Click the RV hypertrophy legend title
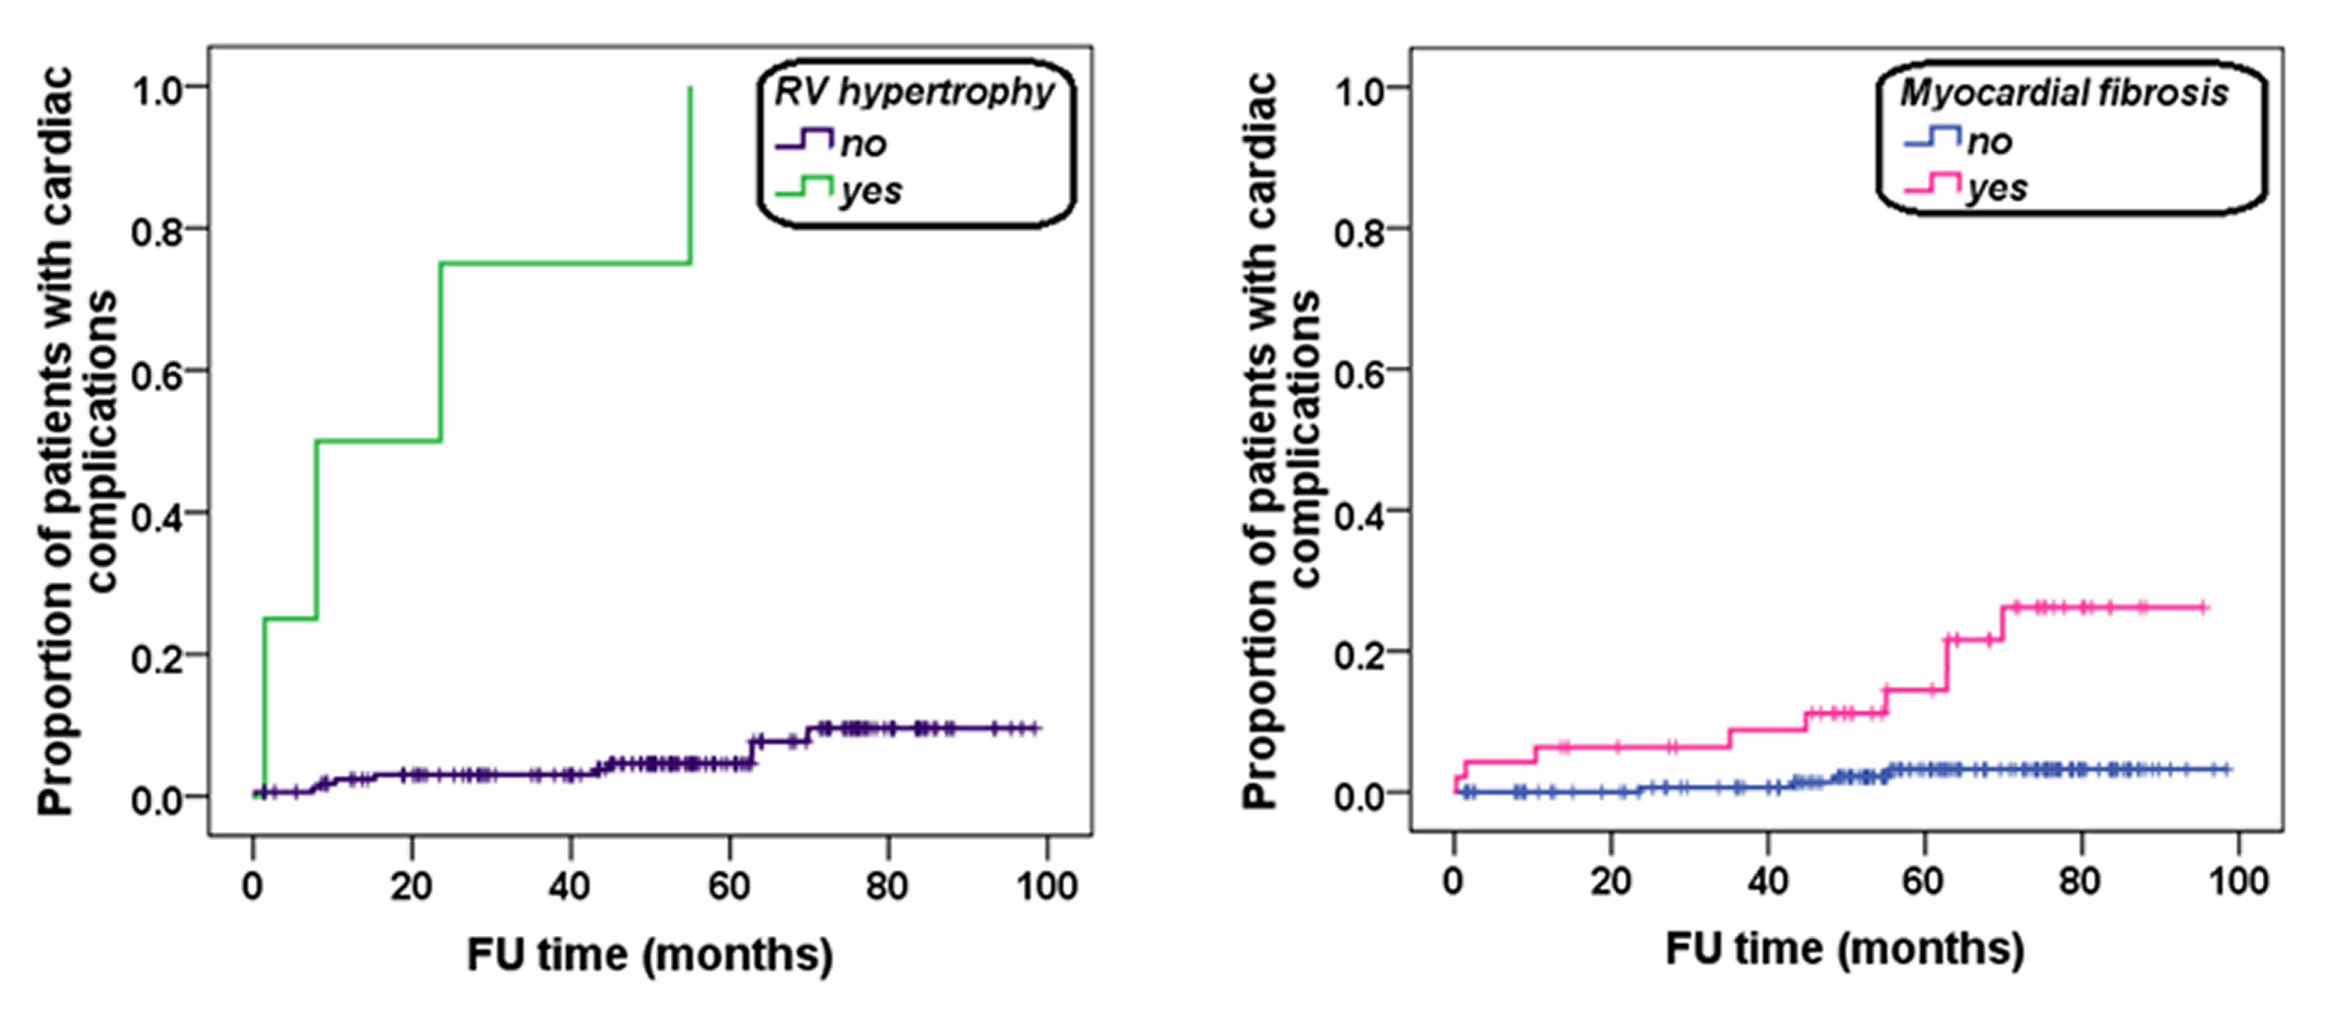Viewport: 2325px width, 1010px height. click(914, 92)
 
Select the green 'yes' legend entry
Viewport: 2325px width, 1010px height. click(839, 190)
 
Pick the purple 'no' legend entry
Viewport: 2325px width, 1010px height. click(832, 143)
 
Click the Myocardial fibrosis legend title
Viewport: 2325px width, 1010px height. click(2063, 93)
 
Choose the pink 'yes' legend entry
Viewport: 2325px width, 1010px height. click(1965, 187)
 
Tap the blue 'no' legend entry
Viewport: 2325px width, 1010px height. click(1957, 141)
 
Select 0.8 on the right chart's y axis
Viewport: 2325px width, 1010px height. click(1360, 230)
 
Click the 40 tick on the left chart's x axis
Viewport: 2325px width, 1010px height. click(571, 887)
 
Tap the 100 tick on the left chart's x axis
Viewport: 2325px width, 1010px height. click(1046, 887)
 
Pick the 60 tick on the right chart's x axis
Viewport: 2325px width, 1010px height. click(1923, 881)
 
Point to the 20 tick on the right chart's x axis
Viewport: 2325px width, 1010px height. click(1611, 881)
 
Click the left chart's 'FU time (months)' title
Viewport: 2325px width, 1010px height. click(649, 955)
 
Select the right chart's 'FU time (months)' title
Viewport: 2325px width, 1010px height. click(1845, 949)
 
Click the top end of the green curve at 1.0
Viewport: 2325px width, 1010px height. click(690, 88)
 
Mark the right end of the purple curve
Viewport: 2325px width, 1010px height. click(1038, 728)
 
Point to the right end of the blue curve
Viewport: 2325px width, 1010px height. click(2228, 769)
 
